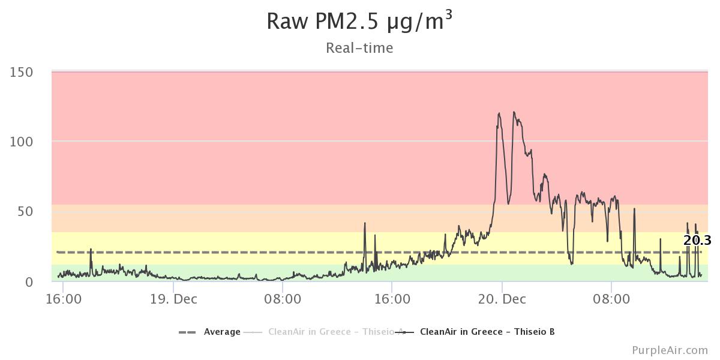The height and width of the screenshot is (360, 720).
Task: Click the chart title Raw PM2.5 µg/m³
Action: [359, 22]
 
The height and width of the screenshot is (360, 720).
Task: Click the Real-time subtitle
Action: [359, 48]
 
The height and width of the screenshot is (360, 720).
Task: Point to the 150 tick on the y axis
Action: [22, 72]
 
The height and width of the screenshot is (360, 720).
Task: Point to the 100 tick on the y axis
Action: [22, 142]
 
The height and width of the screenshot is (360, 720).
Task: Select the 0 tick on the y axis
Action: [29, 281]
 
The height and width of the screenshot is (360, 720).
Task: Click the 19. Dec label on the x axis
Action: [173, 299]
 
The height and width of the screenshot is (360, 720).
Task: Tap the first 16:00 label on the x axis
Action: [63, 299]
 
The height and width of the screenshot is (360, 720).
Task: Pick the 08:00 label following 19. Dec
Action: [282, 299]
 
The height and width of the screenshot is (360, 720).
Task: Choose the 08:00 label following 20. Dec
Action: [611, 299]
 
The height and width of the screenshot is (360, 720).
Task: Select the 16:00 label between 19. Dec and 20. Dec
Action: [392, 299]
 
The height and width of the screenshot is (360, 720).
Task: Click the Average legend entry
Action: [222, 332]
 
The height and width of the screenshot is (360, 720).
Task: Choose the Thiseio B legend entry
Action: [487, 332]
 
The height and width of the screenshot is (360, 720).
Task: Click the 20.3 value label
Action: [697, 241]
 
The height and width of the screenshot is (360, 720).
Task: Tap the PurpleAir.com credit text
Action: [670, 350]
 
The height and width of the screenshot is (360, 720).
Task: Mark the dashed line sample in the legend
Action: [188, 332]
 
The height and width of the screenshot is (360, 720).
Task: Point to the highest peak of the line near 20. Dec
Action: [514, 112]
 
